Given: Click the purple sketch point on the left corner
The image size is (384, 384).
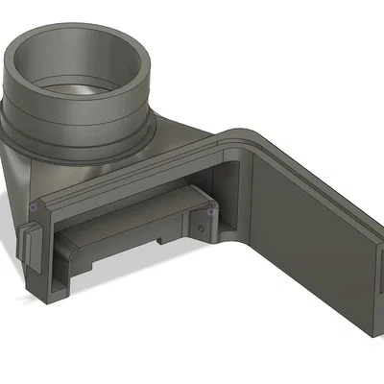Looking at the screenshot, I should click(x=35, y=206).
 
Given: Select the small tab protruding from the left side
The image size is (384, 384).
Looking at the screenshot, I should click(x=29, y=245).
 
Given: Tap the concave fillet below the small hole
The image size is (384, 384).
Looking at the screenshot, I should click(x=211, y=237).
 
